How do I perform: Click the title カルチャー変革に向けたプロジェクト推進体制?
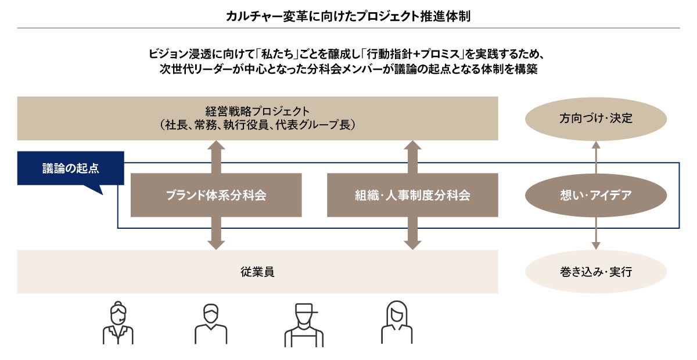348,15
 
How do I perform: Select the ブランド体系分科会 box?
216,195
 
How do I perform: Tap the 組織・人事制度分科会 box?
412,195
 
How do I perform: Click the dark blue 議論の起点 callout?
70,168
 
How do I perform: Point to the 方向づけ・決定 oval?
595,118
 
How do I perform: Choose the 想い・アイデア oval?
595,195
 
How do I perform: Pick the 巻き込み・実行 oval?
595,271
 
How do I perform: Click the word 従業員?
257,271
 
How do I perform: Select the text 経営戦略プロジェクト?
257,110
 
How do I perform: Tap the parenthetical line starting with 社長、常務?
257,125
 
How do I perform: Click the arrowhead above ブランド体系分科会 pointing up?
216,146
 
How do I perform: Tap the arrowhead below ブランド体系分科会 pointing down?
216,243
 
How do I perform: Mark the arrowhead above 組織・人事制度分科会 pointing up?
412,146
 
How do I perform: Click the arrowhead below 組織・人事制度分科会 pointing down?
412,243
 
